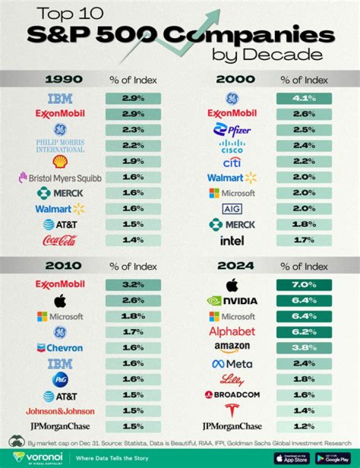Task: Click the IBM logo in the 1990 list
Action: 59,98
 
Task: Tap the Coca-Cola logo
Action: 59,241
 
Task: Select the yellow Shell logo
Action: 59,161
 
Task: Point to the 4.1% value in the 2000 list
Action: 304,98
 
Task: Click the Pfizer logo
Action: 231,130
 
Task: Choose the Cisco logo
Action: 231,146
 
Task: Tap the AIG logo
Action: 231,209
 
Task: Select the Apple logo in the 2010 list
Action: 59,301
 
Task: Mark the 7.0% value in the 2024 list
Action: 304,285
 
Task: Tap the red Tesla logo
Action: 231,411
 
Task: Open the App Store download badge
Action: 291,458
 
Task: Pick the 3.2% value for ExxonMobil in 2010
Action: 132,285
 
